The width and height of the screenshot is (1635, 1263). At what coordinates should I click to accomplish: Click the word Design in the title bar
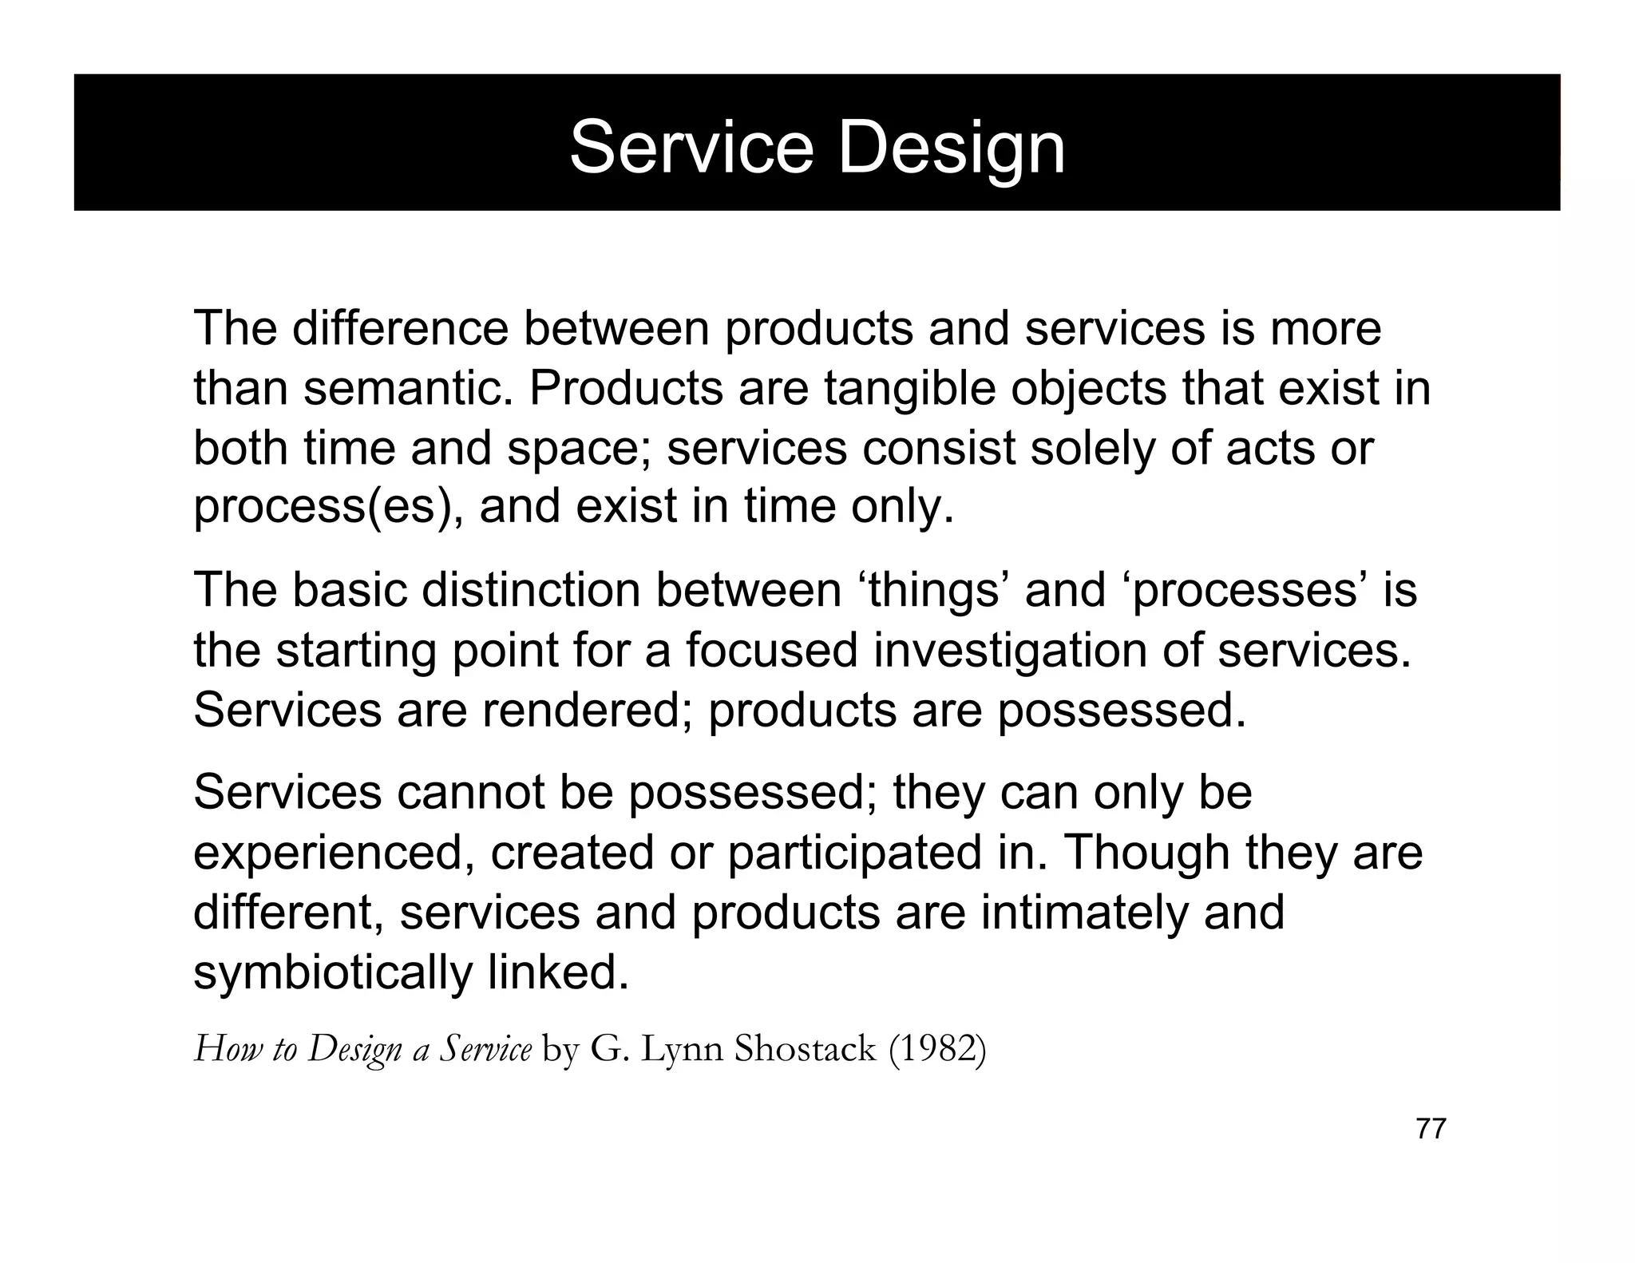[952, 148]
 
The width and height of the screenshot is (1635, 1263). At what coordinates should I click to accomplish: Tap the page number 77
[1431, 1129]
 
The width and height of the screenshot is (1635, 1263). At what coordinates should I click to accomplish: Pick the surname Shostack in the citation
[804, 1048]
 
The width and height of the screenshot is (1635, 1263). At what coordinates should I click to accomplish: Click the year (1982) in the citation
[937, 1048]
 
